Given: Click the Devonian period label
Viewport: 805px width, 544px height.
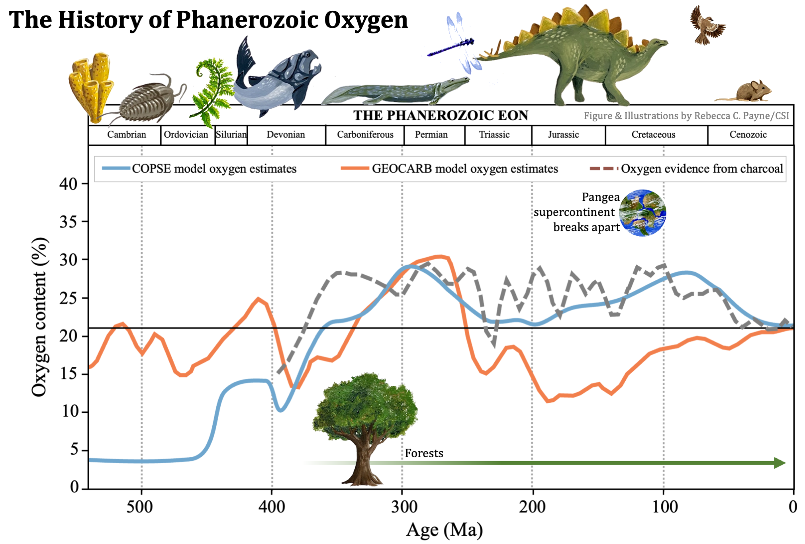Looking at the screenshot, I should click(286, 135).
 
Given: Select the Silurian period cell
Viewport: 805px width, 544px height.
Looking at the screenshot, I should click(231, 135).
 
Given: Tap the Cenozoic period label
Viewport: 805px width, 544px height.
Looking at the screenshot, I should click(748, 135).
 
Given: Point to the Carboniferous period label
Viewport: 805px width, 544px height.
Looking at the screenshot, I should click(365, 135).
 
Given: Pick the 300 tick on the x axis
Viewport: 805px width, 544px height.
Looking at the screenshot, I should click(403, 507).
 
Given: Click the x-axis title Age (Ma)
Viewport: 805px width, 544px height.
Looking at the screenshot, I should click(444, 530).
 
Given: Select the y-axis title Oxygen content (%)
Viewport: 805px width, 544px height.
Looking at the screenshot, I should click(40, 317).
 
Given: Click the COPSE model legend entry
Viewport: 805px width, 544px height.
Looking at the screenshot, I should click(199, 168).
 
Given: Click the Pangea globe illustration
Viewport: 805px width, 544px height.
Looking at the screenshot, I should click(642, 213).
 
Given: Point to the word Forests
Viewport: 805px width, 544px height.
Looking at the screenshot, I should click(424, 453).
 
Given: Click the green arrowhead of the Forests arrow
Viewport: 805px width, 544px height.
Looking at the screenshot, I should click(780, 463).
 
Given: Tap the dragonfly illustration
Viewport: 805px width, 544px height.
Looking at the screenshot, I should click(458, 44).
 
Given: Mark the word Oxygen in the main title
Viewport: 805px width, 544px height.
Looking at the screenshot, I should click(366, 20).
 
